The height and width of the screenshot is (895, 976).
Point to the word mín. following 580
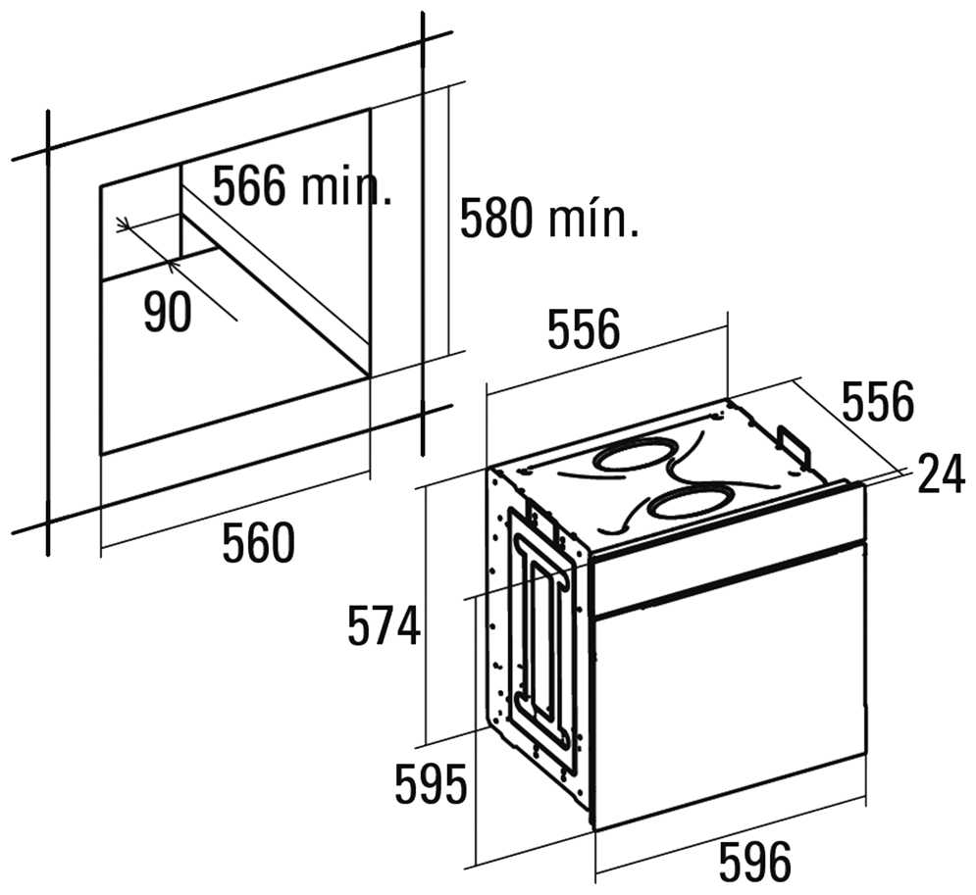(593, 218)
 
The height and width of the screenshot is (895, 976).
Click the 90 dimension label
(168, 312)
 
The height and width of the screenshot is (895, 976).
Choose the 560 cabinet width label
(258, 542)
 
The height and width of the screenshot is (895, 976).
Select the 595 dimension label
(431, 784)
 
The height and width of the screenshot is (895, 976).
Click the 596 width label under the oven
(755, 862)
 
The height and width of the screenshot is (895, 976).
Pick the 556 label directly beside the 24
(878, 401)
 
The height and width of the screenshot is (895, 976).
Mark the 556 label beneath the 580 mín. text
(584, 327)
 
